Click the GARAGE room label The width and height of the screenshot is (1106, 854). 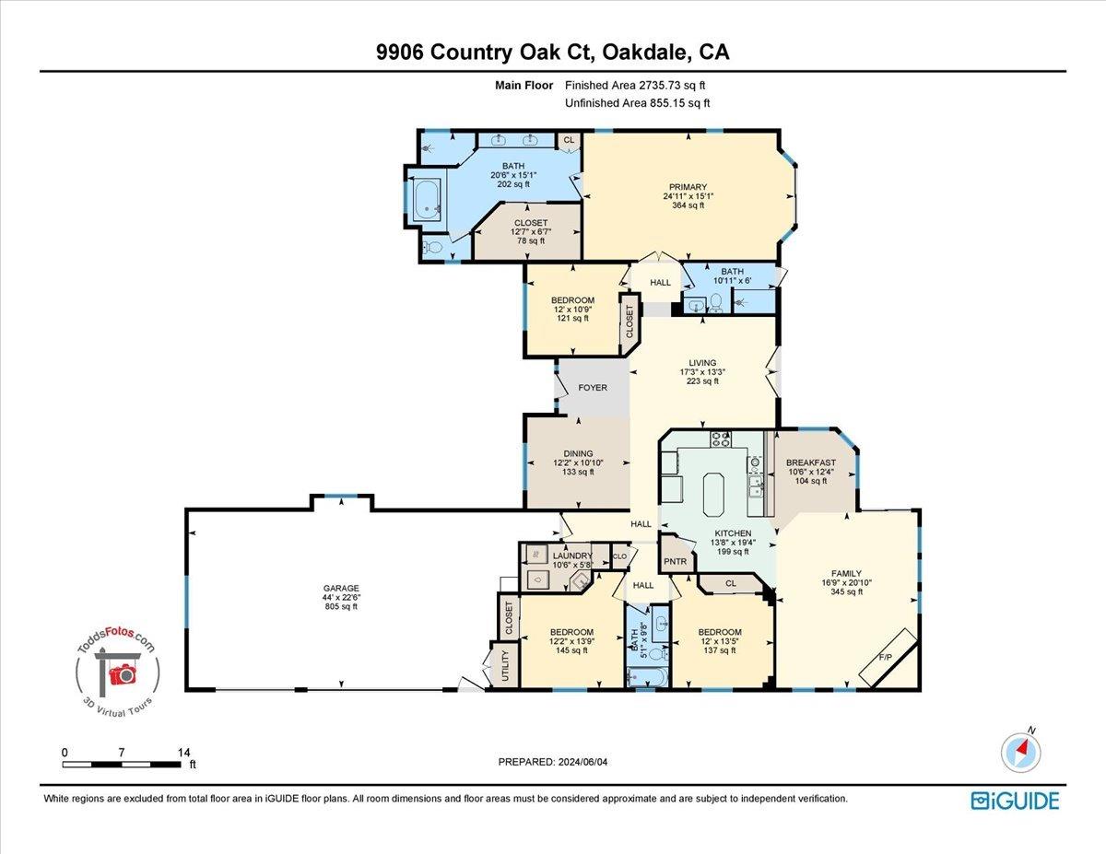[x=341, y=588]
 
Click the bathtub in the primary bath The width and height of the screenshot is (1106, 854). [x=427, y=199]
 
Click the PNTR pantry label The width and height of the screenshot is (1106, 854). [x=676, y=561]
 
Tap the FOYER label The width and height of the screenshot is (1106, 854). [x=593, y=388]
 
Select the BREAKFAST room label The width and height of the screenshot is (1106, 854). [x=811, y=462]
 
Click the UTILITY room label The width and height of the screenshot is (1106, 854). [x=505, y=665]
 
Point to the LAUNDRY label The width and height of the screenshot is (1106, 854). [x=572, y=556]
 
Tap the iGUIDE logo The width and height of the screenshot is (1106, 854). [x=1015, y=801]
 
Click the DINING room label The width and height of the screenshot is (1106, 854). [x=579, y=453]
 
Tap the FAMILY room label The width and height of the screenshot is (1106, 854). [x=845, y=573]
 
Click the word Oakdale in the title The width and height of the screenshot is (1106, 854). [x=644, y=53]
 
